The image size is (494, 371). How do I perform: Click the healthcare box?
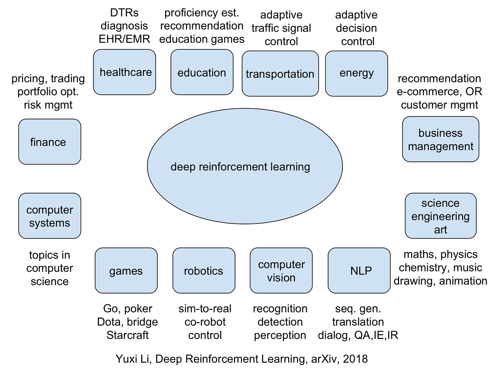coord(125,72)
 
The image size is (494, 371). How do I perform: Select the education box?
coord(202,72)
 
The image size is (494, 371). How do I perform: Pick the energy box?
coord(357,73)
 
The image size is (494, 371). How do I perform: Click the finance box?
coord(49,142)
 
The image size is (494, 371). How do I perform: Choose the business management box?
coord(440,139)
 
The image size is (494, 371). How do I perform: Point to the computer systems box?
coord(49,216)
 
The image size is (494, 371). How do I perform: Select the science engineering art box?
coord(440,216)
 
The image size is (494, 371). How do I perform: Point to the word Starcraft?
coord(128,335)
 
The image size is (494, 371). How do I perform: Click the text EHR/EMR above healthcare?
coord(123,39)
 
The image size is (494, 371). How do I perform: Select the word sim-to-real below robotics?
coord(205,309)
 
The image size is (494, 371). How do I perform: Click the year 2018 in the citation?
coord(354,359)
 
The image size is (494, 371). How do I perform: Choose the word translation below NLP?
coord(358,322)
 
